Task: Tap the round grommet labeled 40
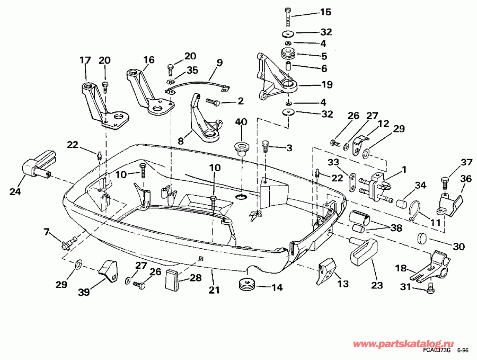(242, 146)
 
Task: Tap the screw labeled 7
(68, 244)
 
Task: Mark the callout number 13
(343, 284)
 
